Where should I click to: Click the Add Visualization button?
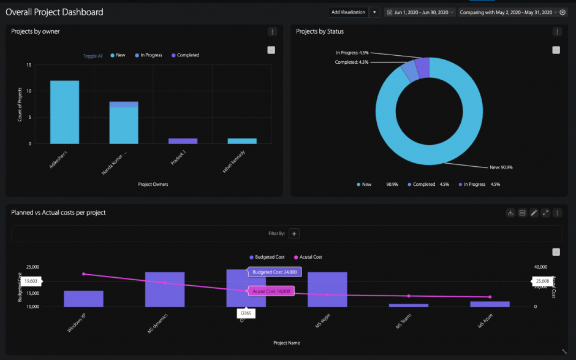347,12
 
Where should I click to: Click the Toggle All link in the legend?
93,56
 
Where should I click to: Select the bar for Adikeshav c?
64,112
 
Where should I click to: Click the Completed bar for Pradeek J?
183,140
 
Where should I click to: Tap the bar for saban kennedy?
241,140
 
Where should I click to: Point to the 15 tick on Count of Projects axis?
29,65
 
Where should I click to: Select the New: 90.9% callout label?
500,167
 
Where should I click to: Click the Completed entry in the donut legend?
423,184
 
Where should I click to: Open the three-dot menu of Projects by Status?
556,32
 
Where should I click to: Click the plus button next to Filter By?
294,234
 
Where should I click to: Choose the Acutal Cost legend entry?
310,257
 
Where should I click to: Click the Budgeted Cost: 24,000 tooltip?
274,272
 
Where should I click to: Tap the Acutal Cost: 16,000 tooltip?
271,291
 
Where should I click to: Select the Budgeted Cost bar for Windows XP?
83,299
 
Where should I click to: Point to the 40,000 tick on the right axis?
540,267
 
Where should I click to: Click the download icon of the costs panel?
510,213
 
